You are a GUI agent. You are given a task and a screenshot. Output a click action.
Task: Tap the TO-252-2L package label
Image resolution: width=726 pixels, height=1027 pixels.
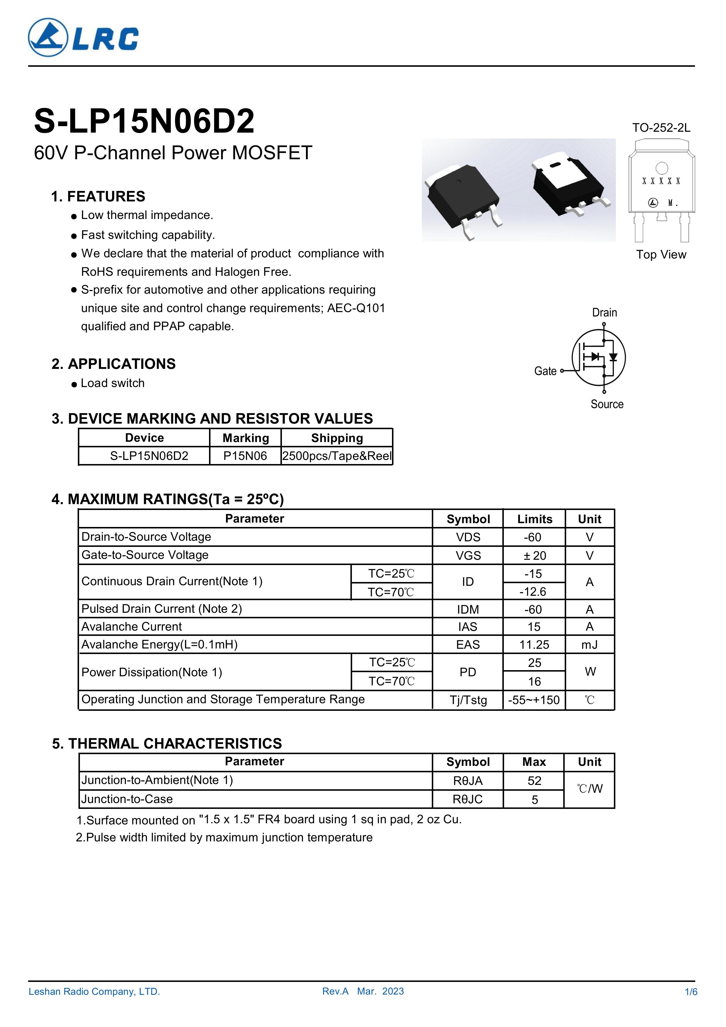click(x=661, y=128)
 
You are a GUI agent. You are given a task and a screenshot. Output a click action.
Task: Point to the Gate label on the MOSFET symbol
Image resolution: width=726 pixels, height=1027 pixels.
click(x=545, y=371)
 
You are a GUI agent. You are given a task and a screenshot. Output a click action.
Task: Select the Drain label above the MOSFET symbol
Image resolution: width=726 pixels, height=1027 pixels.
click(x=604, y=312)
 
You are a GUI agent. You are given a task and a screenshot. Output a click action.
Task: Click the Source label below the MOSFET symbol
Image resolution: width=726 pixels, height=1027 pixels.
click(x=607, y=404)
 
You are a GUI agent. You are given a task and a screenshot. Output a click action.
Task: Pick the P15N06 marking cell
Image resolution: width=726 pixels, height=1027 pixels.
click(x=245, y=456)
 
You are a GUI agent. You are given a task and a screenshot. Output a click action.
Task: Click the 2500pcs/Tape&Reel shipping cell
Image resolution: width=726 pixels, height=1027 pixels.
click(x=337, y=456)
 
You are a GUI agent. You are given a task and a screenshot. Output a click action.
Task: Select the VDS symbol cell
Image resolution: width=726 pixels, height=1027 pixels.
click(x=468, y=537)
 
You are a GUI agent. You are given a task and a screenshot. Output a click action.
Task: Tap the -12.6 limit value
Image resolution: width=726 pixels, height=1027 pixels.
click(x=533, y=592)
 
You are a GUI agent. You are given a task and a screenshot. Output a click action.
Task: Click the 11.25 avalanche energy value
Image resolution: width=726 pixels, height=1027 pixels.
click(x=534, y=645)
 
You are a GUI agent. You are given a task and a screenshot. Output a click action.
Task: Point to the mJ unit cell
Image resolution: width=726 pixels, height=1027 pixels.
click(x=590, y=645)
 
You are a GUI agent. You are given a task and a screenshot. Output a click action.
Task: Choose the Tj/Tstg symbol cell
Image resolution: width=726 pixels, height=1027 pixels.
click(x=468, y=700)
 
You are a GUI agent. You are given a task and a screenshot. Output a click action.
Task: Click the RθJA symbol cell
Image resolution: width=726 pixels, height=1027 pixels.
click(x=468, y=780)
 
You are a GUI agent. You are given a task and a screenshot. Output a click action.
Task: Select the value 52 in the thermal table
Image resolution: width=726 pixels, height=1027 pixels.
click(x=534, y=780)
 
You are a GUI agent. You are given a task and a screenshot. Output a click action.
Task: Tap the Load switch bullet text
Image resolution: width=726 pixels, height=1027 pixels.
click(x=113, y=383)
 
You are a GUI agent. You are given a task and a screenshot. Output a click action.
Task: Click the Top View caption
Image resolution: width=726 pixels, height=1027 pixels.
click(x=661, y=254)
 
